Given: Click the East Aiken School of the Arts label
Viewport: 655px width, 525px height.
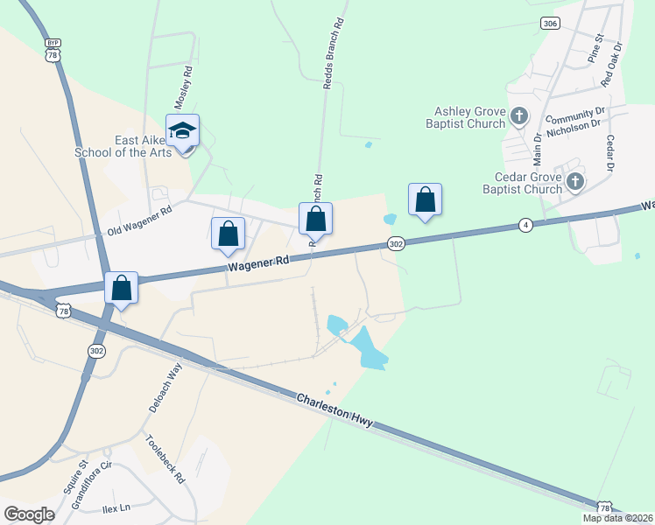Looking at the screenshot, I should [147, 146].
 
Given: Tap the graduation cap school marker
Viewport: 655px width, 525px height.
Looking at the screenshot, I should [182, 131].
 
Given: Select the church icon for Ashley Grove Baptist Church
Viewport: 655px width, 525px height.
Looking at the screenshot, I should [518, 115].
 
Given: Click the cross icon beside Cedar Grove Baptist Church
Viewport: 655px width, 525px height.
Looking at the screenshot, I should [574, 182].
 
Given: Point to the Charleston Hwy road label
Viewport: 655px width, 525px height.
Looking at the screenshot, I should [335, 410].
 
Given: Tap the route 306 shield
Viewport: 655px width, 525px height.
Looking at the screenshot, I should [550, 24].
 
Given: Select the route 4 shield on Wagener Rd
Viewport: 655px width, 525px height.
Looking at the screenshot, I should [525, 225].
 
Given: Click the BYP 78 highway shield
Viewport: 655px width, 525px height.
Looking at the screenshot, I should [54, 50].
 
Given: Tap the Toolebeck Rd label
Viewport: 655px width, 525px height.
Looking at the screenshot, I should [165, 458].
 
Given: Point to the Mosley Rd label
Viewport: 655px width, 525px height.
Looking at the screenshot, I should [183, 86].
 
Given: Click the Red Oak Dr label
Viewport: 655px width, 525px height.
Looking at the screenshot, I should [610, 64].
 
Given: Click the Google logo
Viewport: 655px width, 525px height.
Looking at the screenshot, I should [29, 514].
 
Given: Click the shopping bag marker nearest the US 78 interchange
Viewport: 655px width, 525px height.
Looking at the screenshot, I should [121, 288].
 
